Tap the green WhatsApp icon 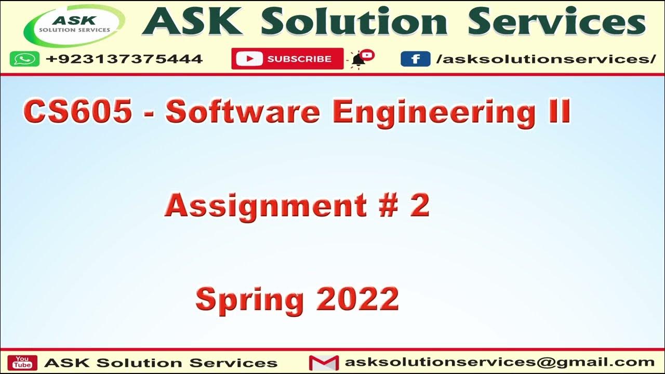(24, 59)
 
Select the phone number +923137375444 (124, 59)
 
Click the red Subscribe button (287, 59)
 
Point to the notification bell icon (358, 59)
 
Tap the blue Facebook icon (415, 59)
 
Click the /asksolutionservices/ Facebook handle (546, 59)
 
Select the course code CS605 (77, 112)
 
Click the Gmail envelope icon (324, 362)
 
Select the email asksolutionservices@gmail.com (499, 362)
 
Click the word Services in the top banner (556, 23)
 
